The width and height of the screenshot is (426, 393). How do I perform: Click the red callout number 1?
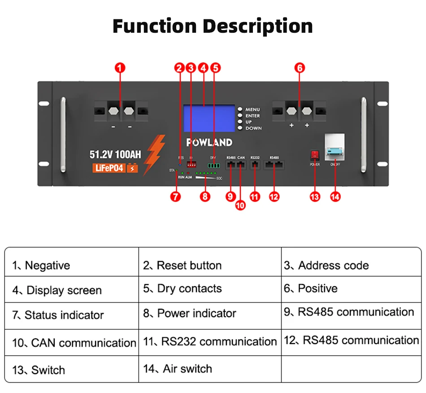click(x=120, y=68)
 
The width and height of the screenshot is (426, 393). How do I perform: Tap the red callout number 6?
click(x=300, y=68)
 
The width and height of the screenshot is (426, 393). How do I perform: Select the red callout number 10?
click(x=241, y=205)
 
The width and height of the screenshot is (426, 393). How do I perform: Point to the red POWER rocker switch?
click(x=314, y=155)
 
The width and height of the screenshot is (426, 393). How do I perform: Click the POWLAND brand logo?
click(x=209, y=142)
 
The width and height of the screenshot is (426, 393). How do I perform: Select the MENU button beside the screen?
click(x=240, y=109)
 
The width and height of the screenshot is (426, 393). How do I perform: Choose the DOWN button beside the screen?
click(x=240, y=128)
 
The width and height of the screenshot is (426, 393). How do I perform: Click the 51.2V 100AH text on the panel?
click(x=115, y=155)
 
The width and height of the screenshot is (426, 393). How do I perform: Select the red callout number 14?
click(x=335, y=196)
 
